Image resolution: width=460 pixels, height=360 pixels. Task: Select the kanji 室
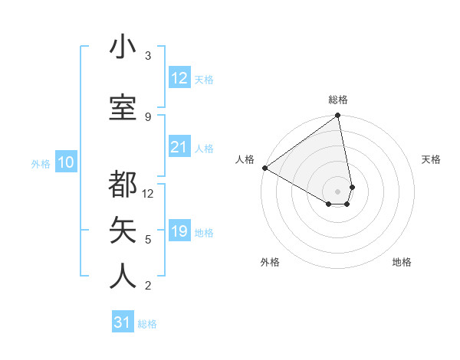coord(123,107)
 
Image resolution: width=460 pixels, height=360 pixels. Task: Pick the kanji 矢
coord(123,230)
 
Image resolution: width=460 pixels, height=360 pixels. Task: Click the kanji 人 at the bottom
coord(123,276)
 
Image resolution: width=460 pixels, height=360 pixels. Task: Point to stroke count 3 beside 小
coord(148,56)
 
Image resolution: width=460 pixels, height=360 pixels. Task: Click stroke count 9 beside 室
coord(148,116)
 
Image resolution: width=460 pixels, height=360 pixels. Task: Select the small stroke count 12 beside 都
coord(148,193)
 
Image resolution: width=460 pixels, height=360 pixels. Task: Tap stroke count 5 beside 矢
coord(148,239)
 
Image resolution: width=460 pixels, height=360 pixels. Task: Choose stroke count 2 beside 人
coord(148,286)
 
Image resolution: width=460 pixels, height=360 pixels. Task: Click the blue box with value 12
coord(179,78)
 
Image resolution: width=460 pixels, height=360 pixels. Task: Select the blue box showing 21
coord(179,147)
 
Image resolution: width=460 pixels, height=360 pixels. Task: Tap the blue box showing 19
coord(179,231)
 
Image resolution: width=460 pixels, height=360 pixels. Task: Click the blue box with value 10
coord(66,162)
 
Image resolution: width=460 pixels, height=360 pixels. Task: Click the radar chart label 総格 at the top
coord(338,100)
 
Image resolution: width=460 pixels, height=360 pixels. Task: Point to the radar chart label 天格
coord(431,159)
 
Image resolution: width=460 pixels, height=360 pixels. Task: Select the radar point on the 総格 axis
coord(338,116)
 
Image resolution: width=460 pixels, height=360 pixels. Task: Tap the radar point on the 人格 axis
coord(264,168)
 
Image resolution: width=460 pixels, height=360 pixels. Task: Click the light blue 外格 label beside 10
coord(41,163)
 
